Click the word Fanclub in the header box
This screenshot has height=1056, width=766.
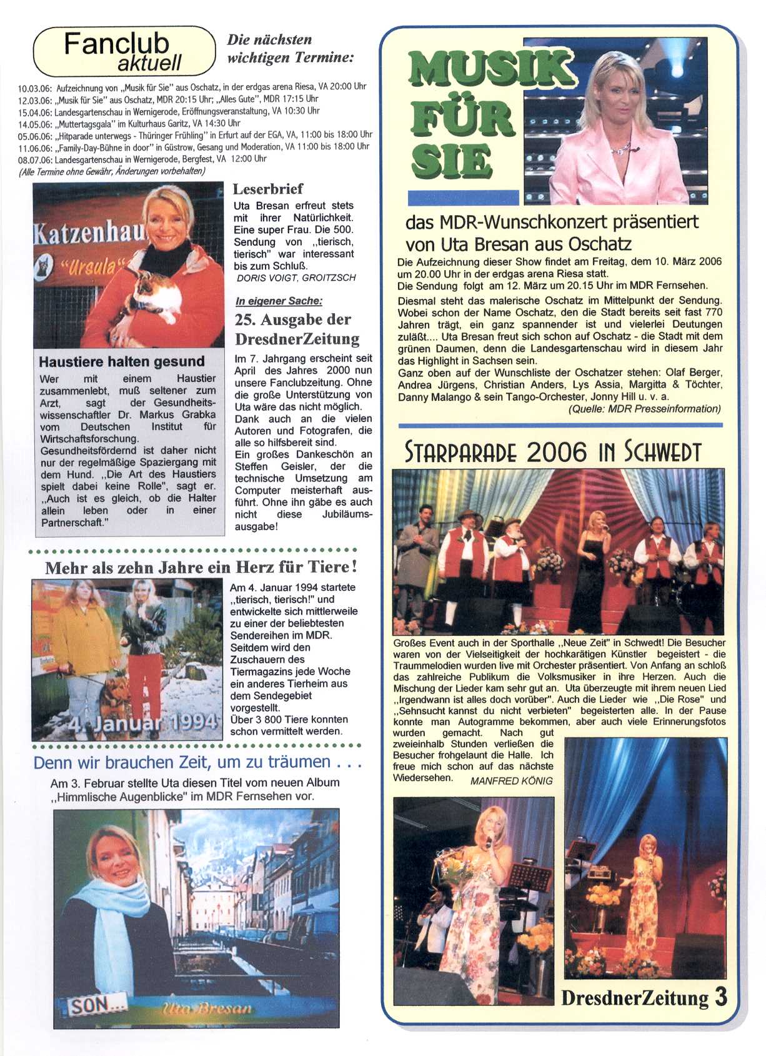tap(116, 44)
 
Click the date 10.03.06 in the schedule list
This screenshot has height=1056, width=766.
tap(34, 88)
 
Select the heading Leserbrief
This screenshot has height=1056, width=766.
tap(267, 189)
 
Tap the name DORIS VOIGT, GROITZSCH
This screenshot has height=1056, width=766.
tap(296, 278)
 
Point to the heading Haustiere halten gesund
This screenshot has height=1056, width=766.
tap(121, 361)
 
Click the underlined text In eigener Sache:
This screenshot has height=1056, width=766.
tap(279, 301)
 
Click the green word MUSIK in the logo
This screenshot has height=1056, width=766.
tap(490, 69)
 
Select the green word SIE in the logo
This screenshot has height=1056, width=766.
tap(451, 161)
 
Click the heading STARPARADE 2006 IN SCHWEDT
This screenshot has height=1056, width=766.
tap(552, 451)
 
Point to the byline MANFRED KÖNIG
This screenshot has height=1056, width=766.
tap(511, 781)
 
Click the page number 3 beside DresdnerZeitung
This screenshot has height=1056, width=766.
tap(720, 996)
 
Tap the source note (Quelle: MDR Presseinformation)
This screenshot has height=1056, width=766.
tap(644, 409)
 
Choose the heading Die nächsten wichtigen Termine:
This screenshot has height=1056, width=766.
tap(290, 49)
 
